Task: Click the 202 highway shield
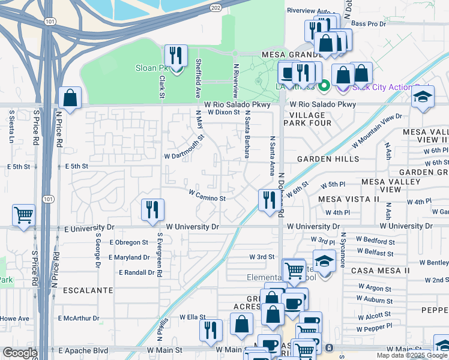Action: [215, 7]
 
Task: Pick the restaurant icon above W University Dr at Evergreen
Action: [152, 209]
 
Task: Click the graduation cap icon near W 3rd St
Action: [324, 262]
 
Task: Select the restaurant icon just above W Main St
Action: [211, 330]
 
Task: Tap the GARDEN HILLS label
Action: [328, 159]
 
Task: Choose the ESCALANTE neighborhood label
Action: [89, 290]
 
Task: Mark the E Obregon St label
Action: [128, 242]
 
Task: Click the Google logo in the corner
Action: [19, 353]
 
